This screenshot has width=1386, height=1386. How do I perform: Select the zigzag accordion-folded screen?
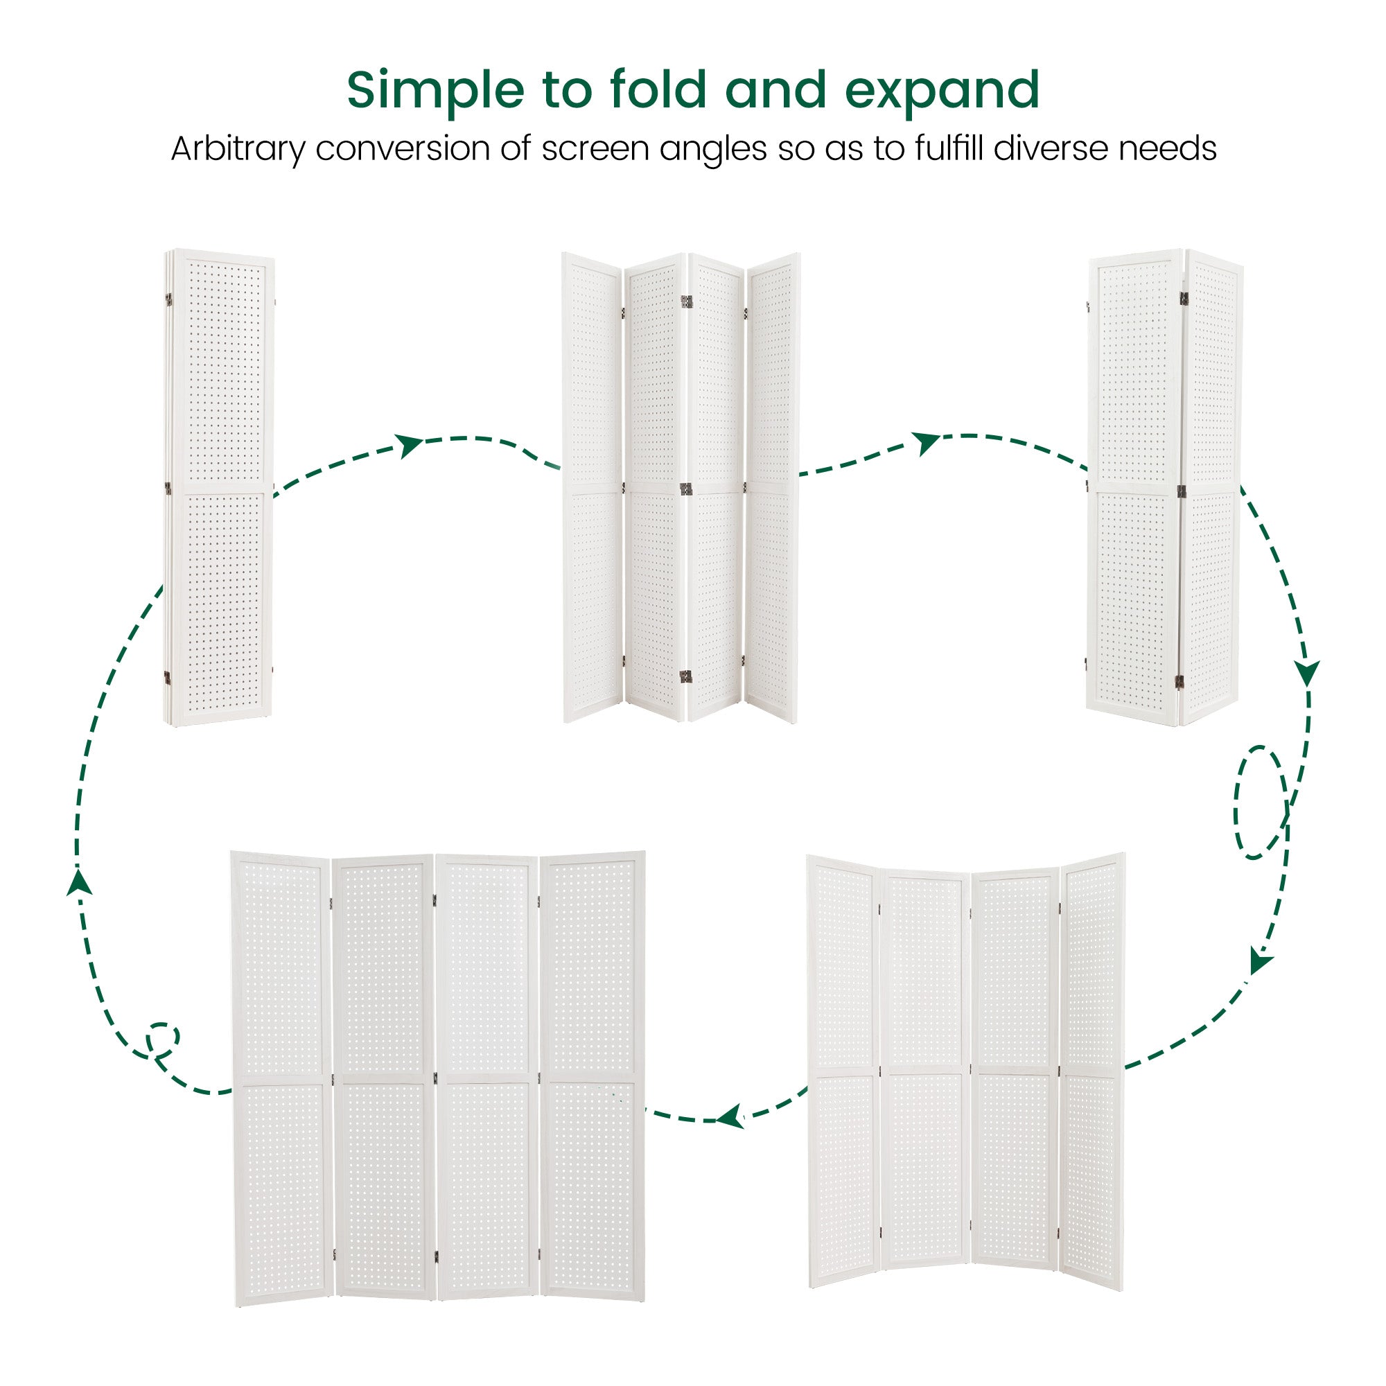point(681,487)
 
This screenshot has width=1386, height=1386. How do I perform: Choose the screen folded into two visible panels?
point(1164,487)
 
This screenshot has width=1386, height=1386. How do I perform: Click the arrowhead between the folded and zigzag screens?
point(410,445)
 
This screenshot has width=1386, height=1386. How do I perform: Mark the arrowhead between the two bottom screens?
point(730,1116)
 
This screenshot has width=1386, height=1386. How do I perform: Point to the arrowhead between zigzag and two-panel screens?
point(926,443)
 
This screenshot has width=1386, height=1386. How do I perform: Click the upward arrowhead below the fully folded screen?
point(80,880)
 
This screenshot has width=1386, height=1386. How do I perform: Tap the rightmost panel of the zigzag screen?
point(773,487)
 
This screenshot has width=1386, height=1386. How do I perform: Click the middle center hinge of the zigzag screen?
point(685,489)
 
